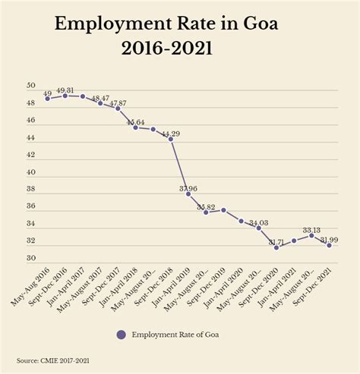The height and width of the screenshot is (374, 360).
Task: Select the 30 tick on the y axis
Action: point(31,259)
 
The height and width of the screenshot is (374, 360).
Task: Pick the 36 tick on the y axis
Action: point(31,207)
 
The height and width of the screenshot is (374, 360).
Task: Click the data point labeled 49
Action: point(47,99)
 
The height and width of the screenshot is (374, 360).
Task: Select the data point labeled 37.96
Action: point(188,194)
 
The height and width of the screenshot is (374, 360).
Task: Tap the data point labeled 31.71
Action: point(276,247)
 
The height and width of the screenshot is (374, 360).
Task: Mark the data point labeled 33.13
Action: point(311,235)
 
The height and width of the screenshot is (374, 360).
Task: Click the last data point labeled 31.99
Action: point(329,245)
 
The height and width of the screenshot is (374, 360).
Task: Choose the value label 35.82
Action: point(207,206)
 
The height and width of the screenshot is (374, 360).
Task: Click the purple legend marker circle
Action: point(121,334)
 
